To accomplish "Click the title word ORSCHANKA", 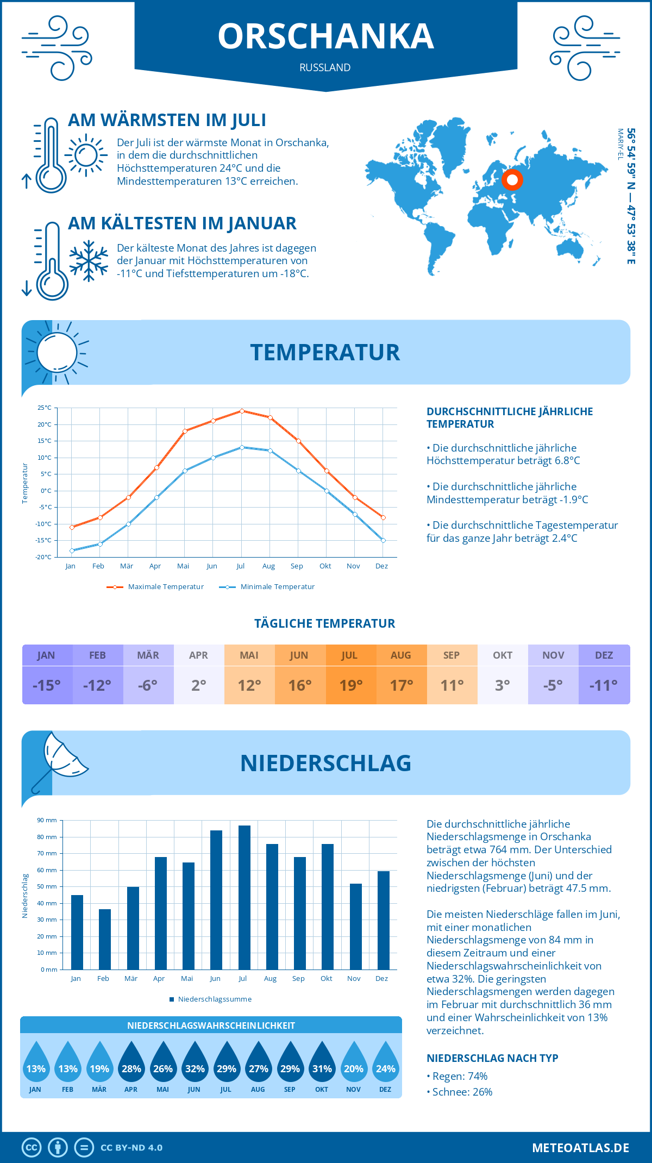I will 326,37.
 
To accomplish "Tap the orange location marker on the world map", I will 512,179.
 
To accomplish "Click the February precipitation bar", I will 105,939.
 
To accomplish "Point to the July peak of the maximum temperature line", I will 242,411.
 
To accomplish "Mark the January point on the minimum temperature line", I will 72,551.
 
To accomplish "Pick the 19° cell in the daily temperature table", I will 350,685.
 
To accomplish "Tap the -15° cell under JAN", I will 47,685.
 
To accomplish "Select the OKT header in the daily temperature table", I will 503,655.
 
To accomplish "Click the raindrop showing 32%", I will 195,1062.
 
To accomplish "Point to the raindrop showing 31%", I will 322,1062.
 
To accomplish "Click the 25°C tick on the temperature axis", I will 45,408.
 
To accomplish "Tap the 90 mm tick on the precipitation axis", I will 47,820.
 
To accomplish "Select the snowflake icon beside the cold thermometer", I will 89,261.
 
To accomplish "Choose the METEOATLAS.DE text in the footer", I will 580,1148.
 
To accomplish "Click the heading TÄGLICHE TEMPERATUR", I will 325,623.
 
